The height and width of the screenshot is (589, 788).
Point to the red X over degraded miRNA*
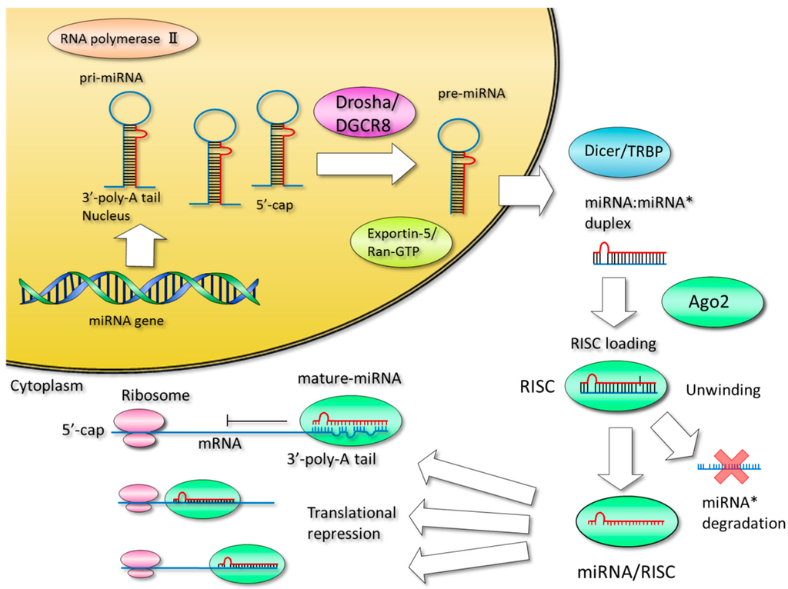point(726,468)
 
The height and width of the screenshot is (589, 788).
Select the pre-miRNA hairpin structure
point(454,165)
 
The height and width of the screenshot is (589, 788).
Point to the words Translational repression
point(352,523)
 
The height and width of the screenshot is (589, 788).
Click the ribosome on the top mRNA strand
point(139,428)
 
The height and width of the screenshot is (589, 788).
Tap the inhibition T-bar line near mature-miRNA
point(258,421)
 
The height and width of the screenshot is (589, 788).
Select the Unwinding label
point(723,391)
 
